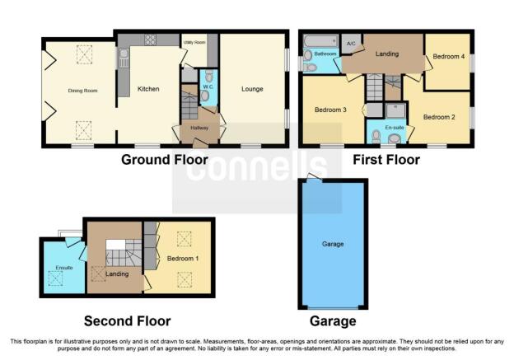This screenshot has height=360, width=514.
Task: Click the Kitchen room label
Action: (x=148, y=89)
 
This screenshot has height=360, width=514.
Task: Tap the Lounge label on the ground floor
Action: (x=252, y=89)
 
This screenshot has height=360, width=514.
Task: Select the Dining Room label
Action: (x=82, y=91)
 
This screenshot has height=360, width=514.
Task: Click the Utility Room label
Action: (x=194, y=42)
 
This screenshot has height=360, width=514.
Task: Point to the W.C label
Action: (x=208, y=86)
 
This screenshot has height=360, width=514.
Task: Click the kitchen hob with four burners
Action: (x=150, y=40)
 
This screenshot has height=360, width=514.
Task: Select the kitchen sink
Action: (x=124, y=58)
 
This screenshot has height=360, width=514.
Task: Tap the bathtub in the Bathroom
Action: (x=320, y=41)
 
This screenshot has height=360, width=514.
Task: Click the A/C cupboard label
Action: (x=351, y=44)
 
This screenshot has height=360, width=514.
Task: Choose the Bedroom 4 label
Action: (x=448, y=56)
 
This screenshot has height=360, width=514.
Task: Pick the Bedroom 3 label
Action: (x=330, y=110)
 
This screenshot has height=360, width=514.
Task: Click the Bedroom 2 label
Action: (x=439, y=117)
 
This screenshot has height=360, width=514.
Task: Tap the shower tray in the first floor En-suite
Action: (x=395, y=111)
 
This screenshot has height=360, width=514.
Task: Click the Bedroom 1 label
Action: (x=183, y=259)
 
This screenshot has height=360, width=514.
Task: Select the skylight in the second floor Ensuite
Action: (x=55, y=278)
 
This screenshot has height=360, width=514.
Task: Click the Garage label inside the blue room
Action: (x=333, y=244)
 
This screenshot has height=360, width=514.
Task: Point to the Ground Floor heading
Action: (x=165, y=160)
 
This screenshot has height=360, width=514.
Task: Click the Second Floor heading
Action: (x=127, y=321)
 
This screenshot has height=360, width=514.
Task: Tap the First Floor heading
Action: (x=386, y=160)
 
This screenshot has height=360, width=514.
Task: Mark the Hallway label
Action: (x=199, y=128)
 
